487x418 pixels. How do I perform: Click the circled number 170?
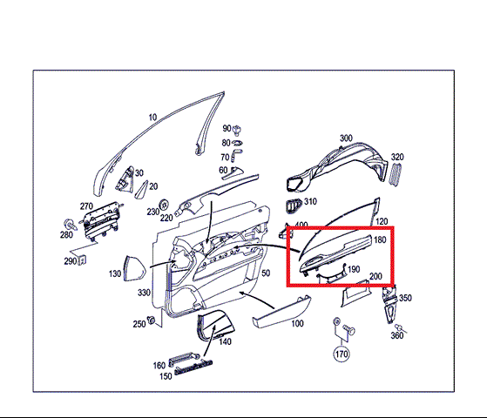click(342, 354)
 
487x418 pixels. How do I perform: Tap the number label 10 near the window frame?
click(152, 118)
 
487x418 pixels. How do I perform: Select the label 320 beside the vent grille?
click(397, 157)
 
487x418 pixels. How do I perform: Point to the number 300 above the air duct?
click(346, 138)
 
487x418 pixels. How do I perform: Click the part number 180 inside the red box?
click(380, 239)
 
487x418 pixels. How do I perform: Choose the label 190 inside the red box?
click(354, 269)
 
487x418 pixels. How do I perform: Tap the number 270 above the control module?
click(86, 206)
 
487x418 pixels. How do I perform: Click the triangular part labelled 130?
click(135, 268)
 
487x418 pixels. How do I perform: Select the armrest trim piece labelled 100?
click(281, 312)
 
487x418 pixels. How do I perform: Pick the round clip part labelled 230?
click(164, 205)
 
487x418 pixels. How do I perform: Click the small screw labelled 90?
click(238, 130)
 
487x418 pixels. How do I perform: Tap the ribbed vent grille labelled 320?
click(396, 175)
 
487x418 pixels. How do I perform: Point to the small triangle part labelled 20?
click(142, 190)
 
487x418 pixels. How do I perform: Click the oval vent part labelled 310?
click(294, 206)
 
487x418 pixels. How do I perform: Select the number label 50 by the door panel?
click(266, 273)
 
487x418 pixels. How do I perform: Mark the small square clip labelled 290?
click(83, 260)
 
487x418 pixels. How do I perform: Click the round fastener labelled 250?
click(152, 320)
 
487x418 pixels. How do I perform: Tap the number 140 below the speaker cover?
click(225, 341)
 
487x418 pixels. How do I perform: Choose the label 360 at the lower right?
click(397, 335)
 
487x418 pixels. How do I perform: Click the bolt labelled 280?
click(70, 225)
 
